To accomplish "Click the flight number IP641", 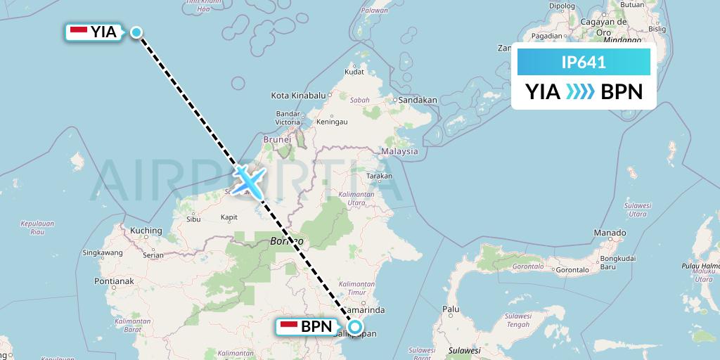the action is point(584,63).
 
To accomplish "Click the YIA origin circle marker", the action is point(136,32).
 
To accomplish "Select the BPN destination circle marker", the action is point(356,326).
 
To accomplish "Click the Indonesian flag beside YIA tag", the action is point(79,30).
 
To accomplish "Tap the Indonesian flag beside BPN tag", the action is point(289,326).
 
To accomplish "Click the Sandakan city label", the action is point(417,100).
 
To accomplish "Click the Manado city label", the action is point(610,233).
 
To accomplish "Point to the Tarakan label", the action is point(378,176).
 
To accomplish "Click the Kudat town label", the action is point(354,72).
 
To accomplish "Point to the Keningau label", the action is point(332,122).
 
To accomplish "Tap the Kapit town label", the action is point(231,217).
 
